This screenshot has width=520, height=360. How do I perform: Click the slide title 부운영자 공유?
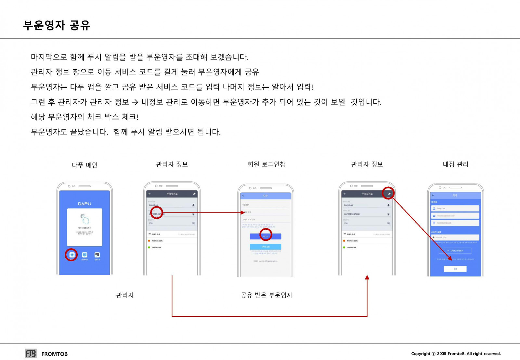pos(57,25)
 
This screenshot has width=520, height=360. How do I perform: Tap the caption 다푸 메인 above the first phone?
pos(84,165)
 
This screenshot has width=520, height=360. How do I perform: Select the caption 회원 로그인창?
pos(266,164)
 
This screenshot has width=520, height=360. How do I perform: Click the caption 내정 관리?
pos(455,164)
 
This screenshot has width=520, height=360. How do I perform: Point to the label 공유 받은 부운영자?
pos(266,295)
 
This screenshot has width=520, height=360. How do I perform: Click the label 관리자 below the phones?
pos(125,295)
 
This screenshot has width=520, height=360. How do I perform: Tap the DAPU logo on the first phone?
pos(84,204)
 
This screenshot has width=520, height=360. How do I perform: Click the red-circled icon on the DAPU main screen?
pos(71,255)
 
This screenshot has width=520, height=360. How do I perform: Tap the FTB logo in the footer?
pos(31,354)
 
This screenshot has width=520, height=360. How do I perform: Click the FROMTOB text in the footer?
pos(55,354)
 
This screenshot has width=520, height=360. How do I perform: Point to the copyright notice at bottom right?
pos(456,354)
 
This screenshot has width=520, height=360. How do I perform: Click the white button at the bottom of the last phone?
pos(455,269)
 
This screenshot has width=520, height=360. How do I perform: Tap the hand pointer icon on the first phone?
pos(84,219)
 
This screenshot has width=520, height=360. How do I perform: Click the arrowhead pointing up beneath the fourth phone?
pos(367,277)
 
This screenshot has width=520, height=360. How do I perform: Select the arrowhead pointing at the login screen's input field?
pos(242,212)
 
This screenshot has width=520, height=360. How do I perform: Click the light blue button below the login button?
pos(266,247)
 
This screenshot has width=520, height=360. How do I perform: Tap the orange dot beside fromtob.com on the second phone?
pos(149,241)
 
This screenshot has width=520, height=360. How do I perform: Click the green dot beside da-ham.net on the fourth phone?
pos(344,247)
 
